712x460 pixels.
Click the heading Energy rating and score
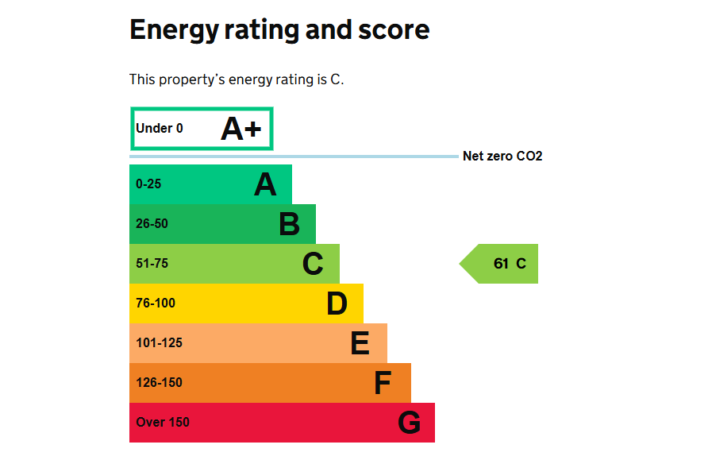pos(279,30)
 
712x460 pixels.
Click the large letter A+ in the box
pos(241,129)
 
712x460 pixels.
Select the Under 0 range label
pos(160,129)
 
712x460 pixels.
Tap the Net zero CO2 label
pos(502,157)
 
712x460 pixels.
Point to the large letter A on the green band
pos(265,185)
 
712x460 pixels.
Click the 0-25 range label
pos(148,184)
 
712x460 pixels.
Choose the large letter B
pos(289,225)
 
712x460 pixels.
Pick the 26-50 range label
pos(152,224)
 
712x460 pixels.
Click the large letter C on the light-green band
pos(313,265)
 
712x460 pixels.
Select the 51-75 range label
pos(152,264)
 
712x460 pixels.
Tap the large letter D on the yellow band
pos(337,304)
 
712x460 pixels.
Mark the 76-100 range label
pos(156,303)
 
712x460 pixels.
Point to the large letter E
pos(360,344)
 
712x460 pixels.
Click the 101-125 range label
pos(159,343)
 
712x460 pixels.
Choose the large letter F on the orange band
pos(383,384)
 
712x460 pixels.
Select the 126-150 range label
pos(159,383)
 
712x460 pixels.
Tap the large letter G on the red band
pos(409,423)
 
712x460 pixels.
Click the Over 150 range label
pos(163,423)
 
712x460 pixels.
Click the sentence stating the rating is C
pos(237,79)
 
